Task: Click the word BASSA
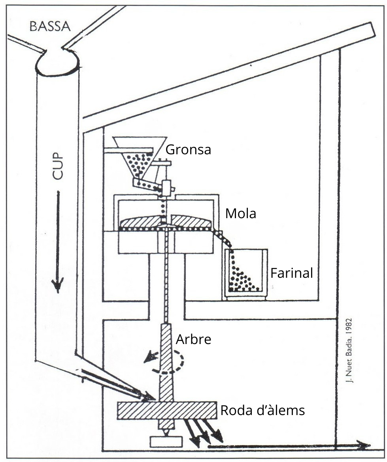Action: coord(49,27)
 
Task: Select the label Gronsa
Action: coord(188,150)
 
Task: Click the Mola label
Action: coord(240,214)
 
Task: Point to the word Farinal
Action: coord(291,273)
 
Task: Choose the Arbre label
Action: coord(194,339)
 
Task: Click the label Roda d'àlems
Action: coord(262,410)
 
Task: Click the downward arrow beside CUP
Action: coord(58,241)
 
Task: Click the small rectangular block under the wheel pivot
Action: coord(166,441)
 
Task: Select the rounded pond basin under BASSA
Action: coord(57,64)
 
